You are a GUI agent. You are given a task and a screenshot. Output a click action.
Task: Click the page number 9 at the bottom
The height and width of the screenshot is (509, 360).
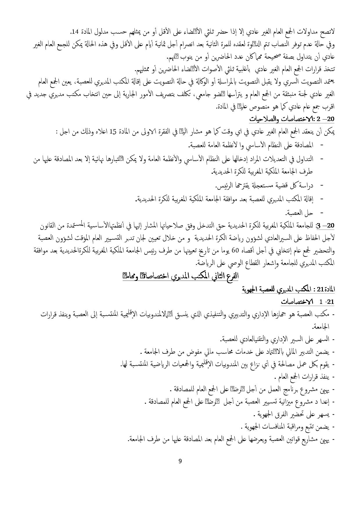click(x=180, y=461)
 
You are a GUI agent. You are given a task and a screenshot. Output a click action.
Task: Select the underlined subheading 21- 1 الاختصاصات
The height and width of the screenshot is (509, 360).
click(x=308, y=302)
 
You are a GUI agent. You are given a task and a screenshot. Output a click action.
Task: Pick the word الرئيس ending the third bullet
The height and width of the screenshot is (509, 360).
click(x=223, y=185)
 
